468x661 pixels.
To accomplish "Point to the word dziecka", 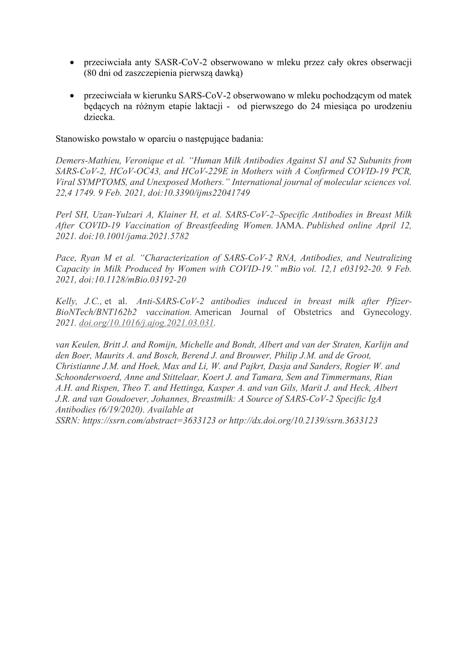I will tap(99, 118).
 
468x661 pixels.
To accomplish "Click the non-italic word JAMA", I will tap(290, 226).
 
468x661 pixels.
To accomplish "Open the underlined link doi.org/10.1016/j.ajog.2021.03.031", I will tap(146, 323).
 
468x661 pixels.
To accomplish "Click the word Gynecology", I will tap(387, 312).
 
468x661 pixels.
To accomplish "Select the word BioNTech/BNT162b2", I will tap(96, 312).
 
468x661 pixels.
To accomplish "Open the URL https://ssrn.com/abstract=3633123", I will tap(149, 421).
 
